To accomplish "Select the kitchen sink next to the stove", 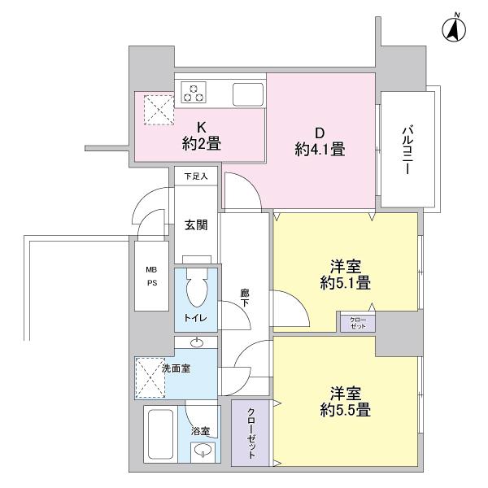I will pyautogui.click(x=248, y=94).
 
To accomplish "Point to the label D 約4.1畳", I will pyautogui.click(x=320, y=140).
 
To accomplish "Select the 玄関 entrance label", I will pyautogui.click(x=196, y=224).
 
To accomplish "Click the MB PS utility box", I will pyautogui.click(x=151, y=277).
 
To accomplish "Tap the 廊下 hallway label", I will pyautogui.click(x=244, y=298).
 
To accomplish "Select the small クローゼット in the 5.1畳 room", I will pyautogui.click(x=358, y=321).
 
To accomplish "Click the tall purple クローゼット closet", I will pyautogui.click(x=251, y=434).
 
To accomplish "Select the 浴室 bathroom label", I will pyautogui.click(x=201, y=431).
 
